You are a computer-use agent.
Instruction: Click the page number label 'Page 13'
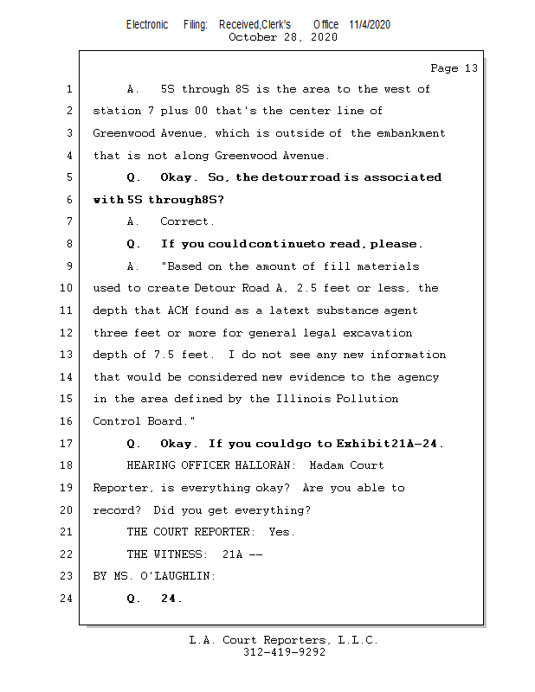[454, 68]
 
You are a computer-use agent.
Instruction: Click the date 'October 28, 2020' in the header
[283, 37]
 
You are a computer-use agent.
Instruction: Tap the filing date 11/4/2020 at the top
[370, 24]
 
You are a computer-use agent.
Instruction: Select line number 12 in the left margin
[69, 333]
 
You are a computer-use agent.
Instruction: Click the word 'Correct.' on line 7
[188, 222]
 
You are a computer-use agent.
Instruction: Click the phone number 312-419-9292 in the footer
[285, 653]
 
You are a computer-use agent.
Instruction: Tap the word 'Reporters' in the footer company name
[287, 641]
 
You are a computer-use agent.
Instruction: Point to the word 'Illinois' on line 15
[299, 400]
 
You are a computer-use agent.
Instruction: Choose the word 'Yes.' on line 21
[281, 532]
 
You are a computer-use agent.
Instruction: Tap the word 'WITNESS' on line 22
[177, 554]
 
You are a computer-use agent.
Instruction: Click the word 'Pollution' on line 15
[368, 400]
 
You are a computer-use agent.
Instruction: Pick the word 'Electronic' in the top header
[147, 24]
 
